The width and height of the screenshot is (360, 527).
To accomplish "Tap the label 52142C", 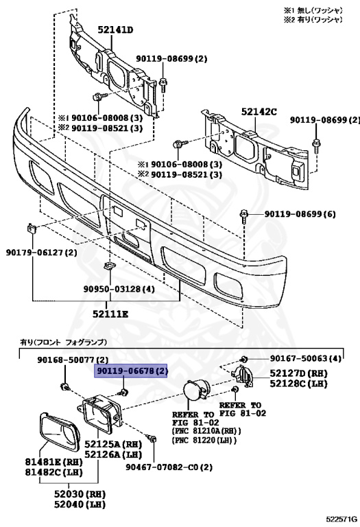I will click(259, 111).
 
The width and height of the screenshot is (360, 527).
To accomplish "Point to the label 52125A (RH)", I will click(113, 444).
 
